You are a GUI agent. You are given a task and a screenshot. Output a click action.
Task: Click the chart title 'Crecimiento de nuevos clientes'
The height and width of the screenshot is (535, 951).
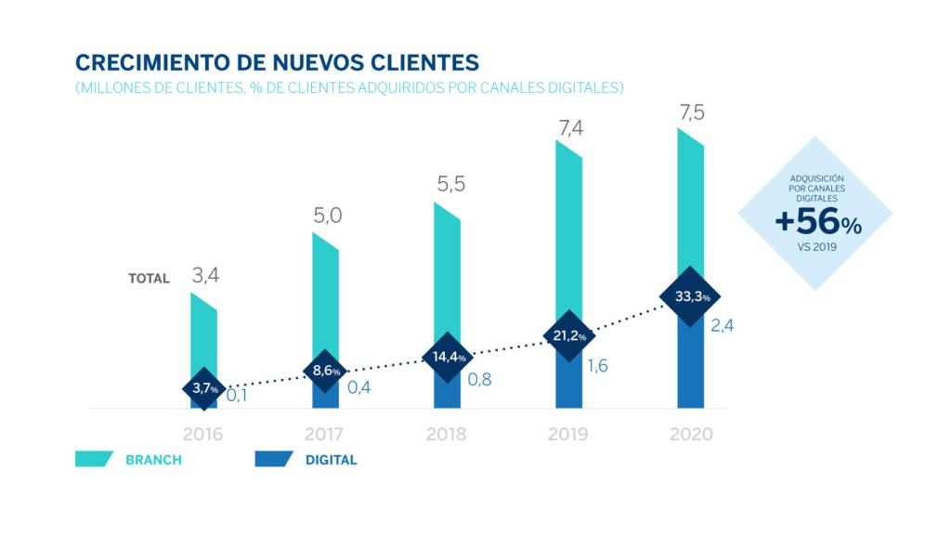277,62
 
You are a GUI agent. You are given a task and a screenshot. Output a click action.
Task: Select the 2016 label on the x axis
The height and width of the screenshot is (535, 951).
202,435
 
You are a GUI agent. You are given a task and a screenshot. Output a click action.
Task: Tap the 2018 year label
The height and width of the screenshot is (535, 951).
446,435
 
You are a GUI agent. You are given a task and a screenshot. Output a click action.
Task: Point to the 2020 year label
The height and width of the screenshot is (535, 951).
690,435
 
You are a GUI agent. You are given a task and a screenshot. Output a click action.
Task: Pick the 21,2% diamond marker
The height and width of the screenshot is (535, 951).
568,335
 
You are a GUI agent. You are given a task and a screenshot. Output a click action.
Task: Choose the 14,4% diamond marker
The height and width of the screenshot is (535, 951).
446,357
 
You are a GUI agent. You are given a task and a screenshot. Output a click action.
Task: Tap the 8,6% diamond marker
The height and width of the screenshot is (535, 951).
325,371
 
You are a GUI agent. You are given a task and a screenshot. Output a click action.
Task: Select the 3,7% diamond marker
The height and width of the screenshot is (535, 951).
203,388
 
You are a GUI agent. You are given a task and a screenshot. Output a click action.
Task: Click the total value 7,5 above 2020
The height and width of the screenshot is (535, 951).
691,112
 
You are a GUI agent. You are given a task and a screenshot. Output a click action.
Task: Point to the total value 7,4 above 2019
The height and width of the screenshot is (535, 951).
569,127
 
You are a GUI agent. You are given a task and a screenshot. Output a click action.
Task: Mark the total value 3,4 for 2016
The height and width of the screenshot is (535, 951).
205,276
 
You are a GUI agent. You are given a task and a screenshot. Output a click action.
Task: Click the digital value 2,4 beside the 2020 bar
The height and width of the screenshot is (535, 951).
723,326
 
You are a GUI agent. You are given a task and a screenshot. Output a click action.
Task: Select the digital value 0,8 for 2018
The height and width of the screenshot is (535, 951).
479,379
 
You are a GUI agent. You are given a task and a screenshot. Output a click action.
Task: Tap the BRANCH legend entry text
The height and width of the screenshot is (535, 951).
153,460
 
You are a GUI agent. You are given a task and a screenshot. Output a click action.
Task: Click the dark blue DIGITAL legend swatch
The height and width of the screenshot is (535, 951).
273,460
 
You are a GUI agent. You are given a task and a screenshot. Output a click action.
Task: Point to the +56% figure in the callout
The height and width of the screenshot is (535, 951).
817,224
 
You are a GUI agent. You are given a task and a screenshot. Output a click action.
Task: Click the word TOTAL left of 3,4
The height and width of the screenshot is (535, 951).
149,278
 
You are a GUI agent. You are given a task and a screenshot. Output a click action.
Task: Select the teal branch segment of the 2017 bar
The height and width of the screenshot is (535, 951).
325,297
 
